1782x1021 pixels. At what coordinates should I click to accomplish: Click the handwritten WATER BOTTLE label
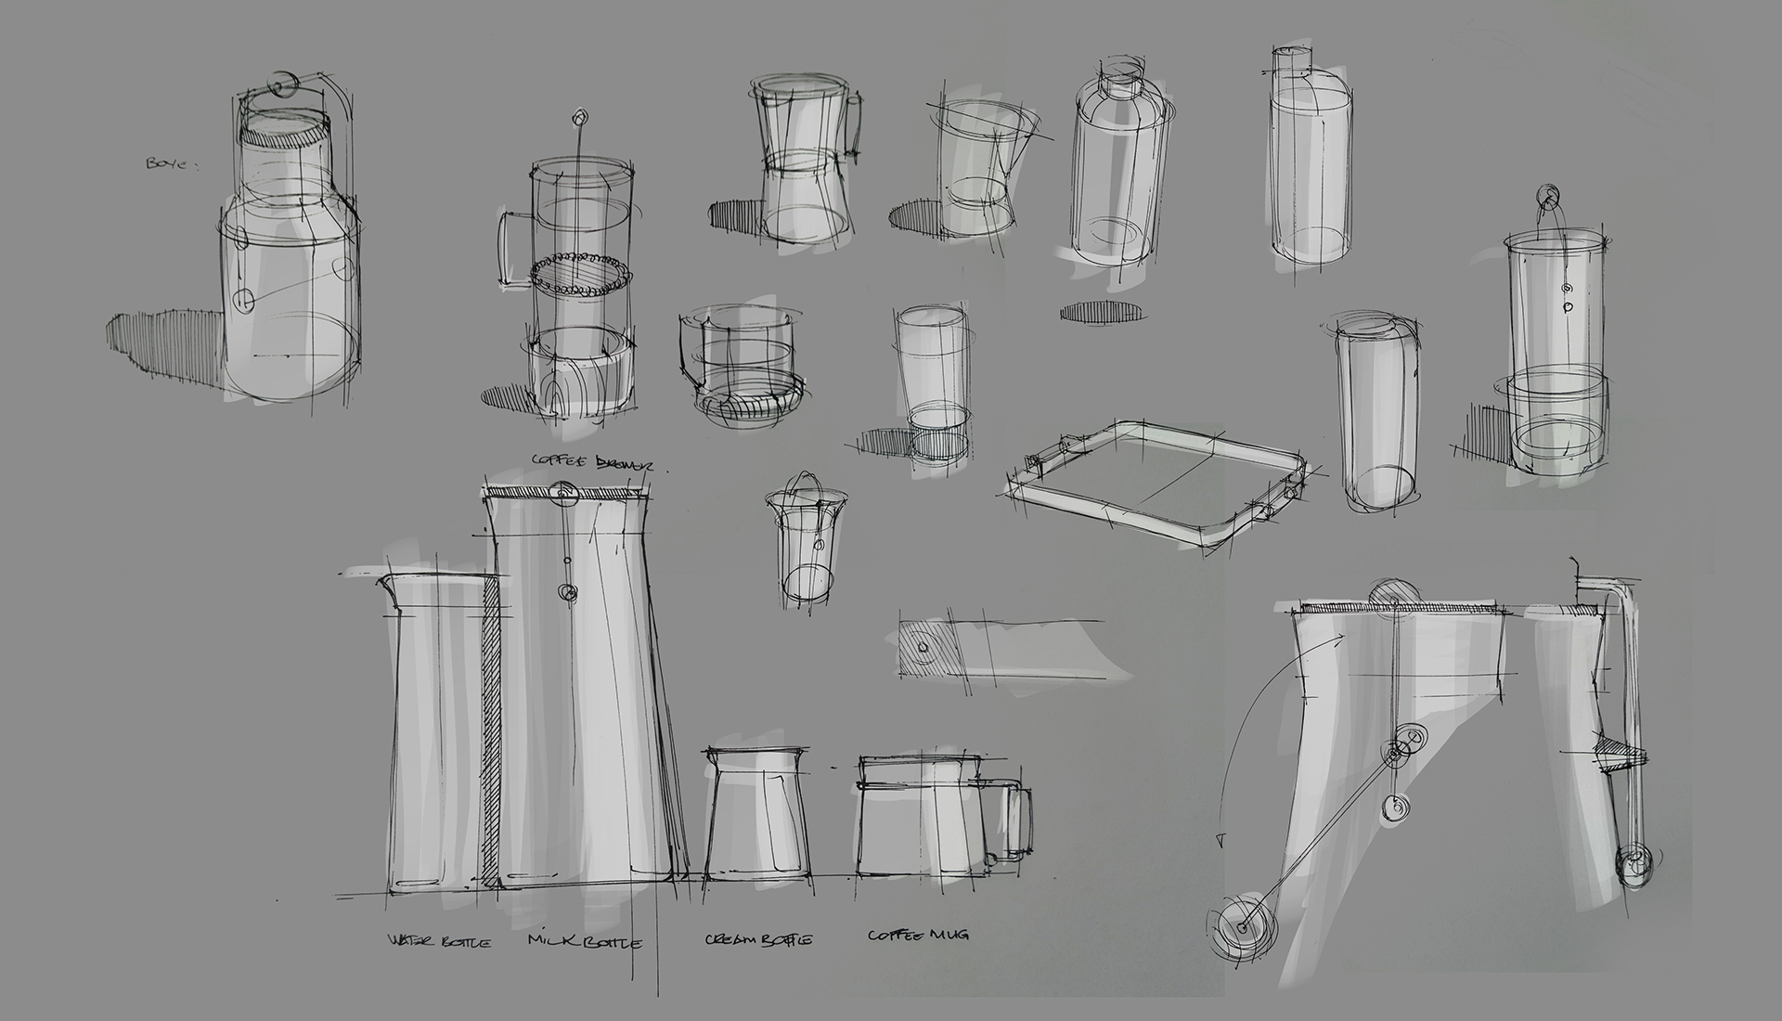(x=439, y=941)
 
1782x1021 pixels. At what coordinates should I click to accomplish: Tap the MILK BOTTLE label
(x=584, y=941)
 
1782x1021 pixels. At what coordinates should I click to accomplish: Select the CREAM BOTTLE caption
(x=758, y=939)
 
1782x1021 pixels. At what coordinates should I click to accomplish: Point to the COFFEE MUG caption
(x=918, y=935)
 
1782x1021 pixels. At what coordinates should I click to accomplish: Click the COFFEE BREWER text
(x=591, y=461)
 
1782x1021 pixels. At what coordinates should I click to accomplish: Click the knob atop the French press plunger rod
(x=580, y=117)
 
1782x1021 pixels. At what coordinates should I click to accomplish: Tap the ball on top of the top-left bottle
(x=279, y=84)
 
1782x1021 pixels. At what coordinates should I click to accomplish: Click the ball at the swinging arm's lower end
(x=1236, y=929)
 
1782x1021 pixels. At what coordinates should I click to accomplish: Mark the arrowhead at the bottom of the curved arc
(x=1220, y=841)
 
